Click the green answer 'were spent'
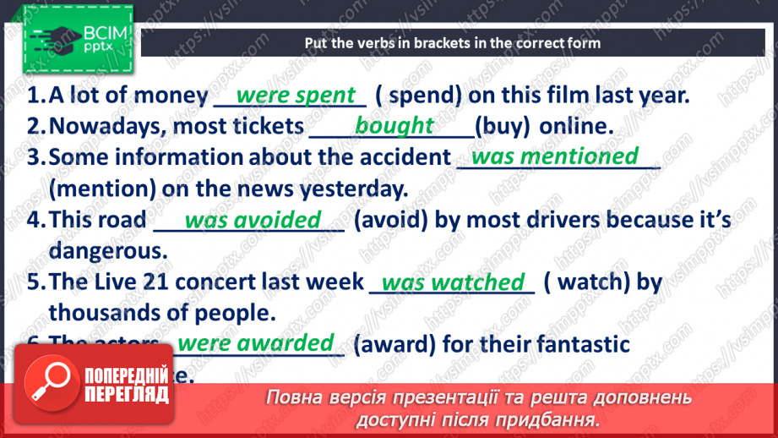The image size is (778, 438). (x=296, y=95)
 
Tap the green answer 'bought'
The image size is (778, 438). (x=394, y=126)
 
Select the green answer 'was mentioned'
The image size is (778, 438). (x=554, y=156)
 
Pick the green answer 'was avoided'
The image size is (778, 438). (x=253, y=220)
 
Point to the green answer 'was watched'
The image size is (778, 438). (x=453, y=282)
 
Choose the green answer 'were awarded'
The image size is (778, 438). (x=256, y=342)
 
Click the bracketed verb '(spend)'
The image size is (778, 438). (x=419, y=95)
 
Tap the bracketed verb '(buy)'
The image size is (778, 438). (x=503, y=127)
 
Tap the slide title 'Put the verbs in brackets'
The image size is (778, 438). (x=453, y=42)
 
